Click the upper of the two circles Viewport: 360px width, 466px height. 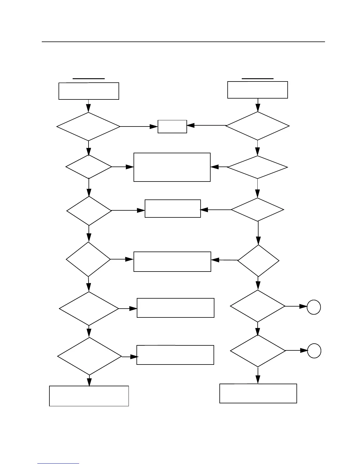pos(314,307)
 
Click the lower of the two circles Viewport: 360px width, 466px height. pos(314,351)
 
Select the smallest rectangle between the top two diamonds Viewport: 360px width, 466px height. pos(172,127)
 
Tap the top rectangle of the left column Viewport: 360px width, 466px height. pos(89,91)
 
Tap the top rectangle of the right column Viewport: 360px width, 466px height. pos(258,90)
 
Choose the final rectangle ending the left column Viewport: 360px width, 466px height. pos(89,396)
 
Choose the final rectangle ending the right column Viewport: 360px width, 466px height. pos(258,393)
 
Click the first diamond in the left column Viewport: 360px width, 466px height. pos(89,127)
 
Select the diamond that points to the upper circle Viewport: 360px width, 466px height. pos(258,306)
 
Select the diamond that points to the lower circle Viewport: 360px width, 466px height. pos(258,351)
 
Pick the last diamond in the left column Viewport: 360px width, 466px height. pos(89,356)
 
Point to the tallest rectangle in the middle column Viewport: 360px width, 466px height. pos(172,167)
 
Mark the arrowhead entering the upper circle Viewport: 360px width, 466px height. pos(304,306)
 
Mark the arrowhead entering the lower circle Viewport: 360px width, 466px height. pos(304,351)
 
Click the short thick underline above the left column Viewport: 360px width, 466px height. pos(89,79)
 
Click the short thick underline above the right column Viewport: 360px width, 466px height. pos(258,79)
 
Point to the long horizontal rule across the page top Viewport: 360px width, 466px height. pos(183,42)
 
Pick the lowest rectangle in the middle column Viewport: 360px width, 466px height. pos(175,355)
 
